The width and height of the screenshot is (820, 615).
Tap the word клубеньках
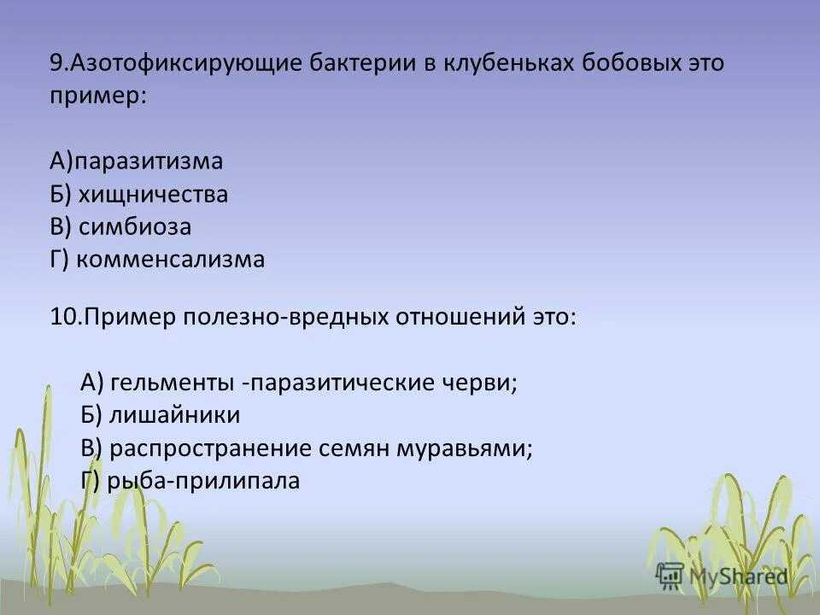509,62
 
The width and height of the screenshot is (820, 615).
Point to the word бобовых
632,62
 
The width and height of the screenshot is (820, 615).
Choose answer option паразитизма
148,161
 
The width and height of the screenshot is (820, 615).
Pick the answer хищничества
153,194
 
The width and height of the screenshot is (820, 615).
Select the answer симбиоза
135,227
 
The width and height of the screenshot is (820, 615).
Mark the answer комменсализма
171,260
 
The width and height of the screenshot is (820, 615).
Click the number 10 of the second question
63,316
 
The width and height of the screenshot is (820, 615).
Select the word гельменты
172,383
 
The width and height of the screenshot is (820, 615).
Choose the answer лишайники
174,415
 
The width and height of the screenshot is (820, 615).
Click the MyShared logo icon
670,577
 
